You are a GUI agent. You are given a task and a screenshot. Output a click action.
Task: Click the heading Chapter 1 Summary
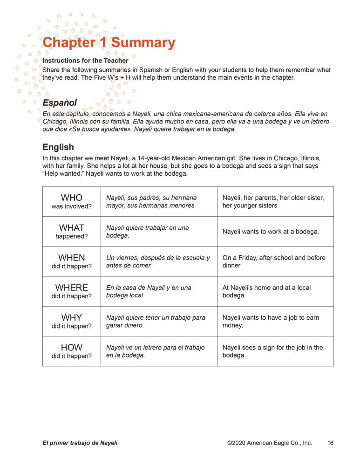(x=109, y=43)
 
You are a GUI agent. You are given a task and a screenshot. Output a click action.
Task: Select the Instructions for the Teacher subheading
(x=85, y=61)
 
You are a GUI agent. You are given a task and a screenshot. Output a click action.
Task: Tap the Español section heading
(x=60, y=103)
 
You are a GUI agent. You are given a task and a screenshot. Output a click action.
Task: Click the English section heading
(x=58, y=147)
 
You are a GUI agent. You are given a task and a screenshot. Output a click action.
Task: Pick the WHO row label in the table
(x=71, y=198)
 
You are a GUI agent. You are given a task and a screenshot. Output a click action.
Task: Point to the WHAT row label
(x=71, y=228)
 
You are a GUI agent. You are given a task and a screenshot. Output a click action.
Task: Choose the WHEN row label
(x=71, y=258)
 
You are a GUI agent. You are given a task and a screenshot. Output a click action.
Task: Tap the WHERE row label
(x=71, y=288)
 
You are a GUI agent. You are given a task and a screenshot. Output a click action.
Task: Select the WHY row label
(x=71, y=318)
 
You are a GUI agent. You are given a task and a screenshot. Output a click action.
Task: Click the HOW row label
(x=71, y=348)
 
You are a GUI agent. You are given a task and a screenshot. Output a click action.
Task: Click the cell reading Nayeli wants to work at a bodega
(x=271, y=232)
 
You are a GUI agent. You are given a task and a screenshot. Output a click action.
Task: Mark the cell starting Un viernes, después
(x=158, y=261)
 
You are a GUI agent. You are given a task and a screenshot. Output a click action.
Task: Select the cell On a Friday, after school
(x=274, y=261)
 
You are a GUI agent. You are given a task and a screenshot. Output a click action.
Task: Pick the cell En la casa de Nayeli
(x=149, y=291)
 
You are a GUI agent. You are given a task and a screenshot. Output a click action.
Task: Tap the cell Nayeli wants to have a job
(x=271, y=321)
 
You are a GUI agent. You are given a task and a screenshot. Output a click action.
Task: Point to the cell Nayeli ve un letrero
(x=155, y=351)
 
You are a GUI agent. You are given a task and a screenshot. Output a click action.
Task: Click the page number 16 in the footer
(x=330, y=443)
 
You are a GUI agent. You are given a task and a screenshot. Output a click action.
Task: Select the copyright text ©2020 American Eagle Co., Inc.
(x=270, y=443)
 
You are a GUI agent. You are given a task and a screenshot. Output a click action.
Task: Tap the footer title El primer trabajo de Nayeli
(x=80, y=443)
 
